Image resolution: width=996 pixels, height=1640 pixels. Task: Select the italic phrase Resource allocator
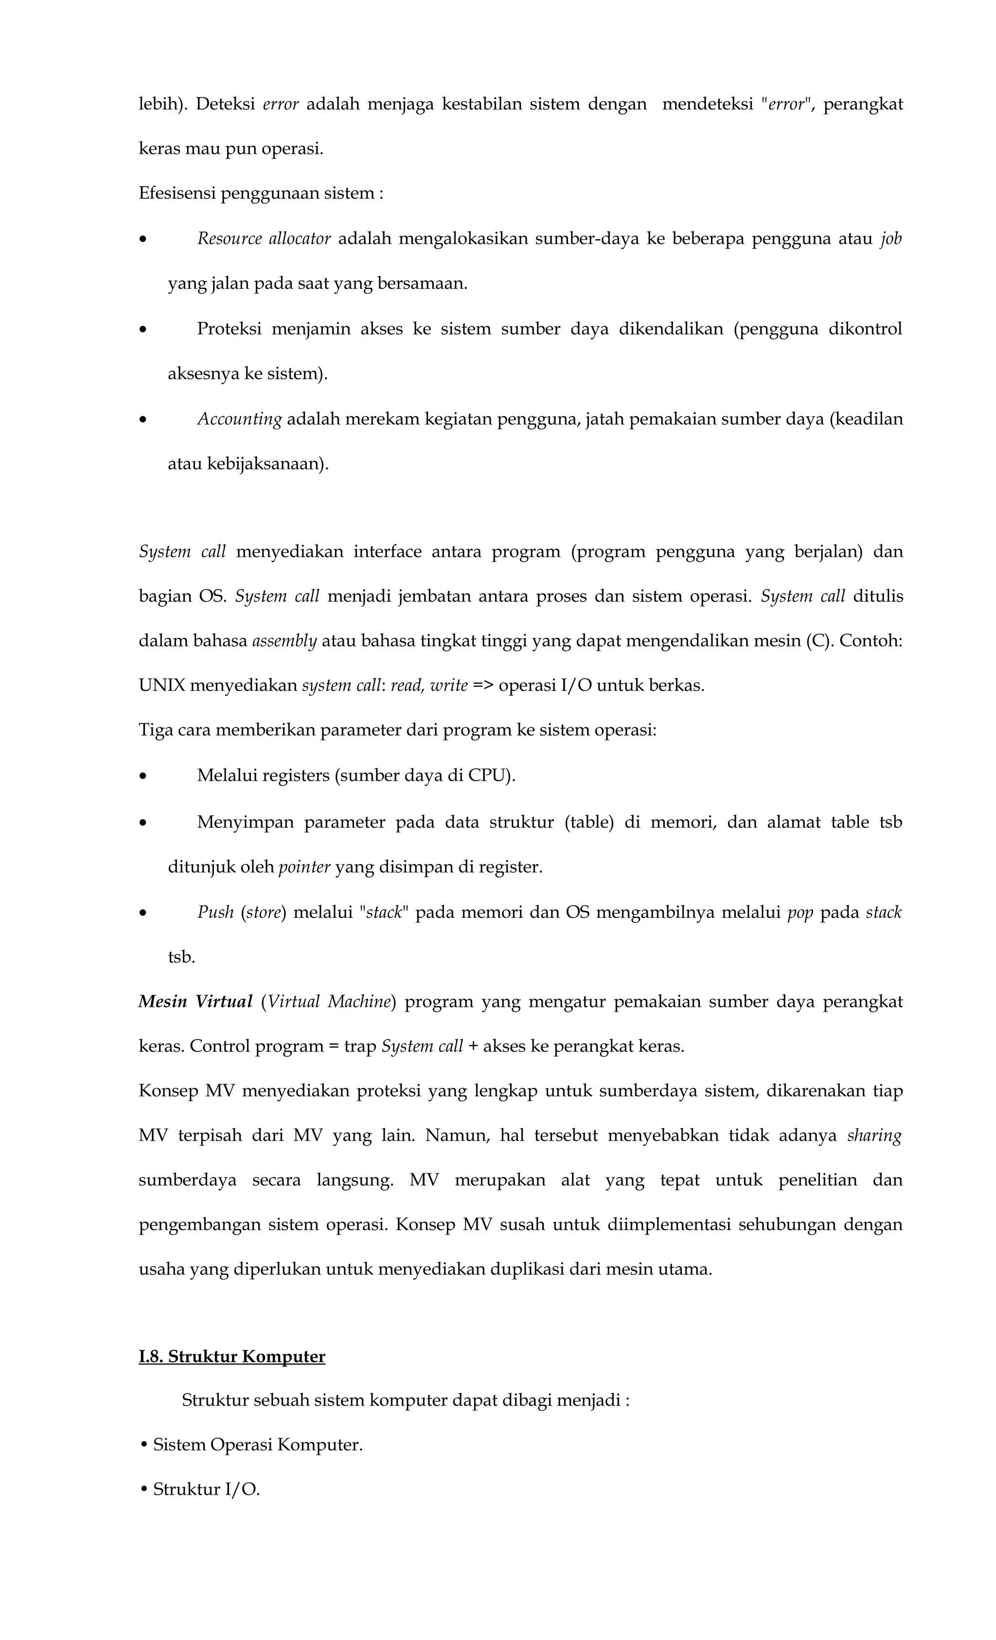point(264,238)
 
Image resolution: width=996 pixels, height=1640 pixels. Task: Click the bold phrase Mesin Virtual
point(195,1001)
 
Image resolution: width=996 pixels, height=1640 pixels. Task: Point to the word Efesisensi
point(177,193)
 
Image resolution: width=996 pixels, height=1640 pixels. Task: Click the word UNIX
point(162,685)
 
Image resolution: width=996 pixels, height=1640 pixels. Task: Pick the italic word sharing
point(873,1135)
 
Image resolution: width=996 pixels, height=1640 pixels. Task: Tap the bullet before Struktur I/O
point(144,1490)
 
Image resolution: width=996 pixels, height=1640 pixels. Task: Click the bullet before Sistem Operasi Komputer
point(144,1445)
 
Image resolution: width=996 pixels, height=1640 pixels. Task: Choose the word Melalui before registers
point(226,776)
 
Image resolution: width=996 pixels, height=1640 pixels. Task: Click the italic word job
point(890,238)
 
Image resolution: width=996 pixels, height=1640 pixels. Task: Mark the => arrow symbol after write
point(483,685)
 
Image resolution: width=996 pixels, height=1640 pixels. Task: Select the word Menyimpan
point(245,822)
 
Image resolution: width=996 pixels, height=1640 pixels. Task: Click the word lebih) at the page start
point(163,104)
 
